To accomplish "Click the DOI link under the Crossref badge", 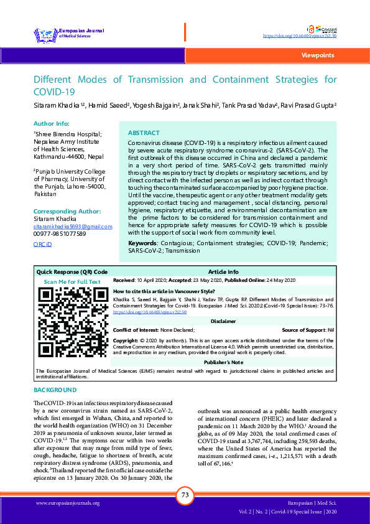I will (x=300, y=37).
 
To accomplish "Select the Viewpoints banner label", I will (x=317, y=55).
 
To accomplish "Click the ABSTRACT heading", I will (x=143, y=133).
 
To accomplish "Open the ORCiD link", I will (x=42, y=245).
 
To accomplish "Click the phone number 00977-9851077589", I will (x=60, y=233).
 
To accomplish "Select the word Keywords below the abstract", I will (x=142, y=242).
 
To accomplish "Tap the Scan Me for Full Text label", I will (x=72, y=281).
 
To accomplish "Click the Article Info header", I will (x=223, y=272).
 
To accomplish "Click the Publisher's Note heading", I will (x=223, y=362).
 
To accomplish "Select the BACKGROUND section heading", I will (x=55, y=390).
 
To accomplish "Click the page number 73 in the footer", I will (x=185, y=495).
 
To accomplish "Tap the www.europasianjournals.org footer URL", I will (x=68, y=503).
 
